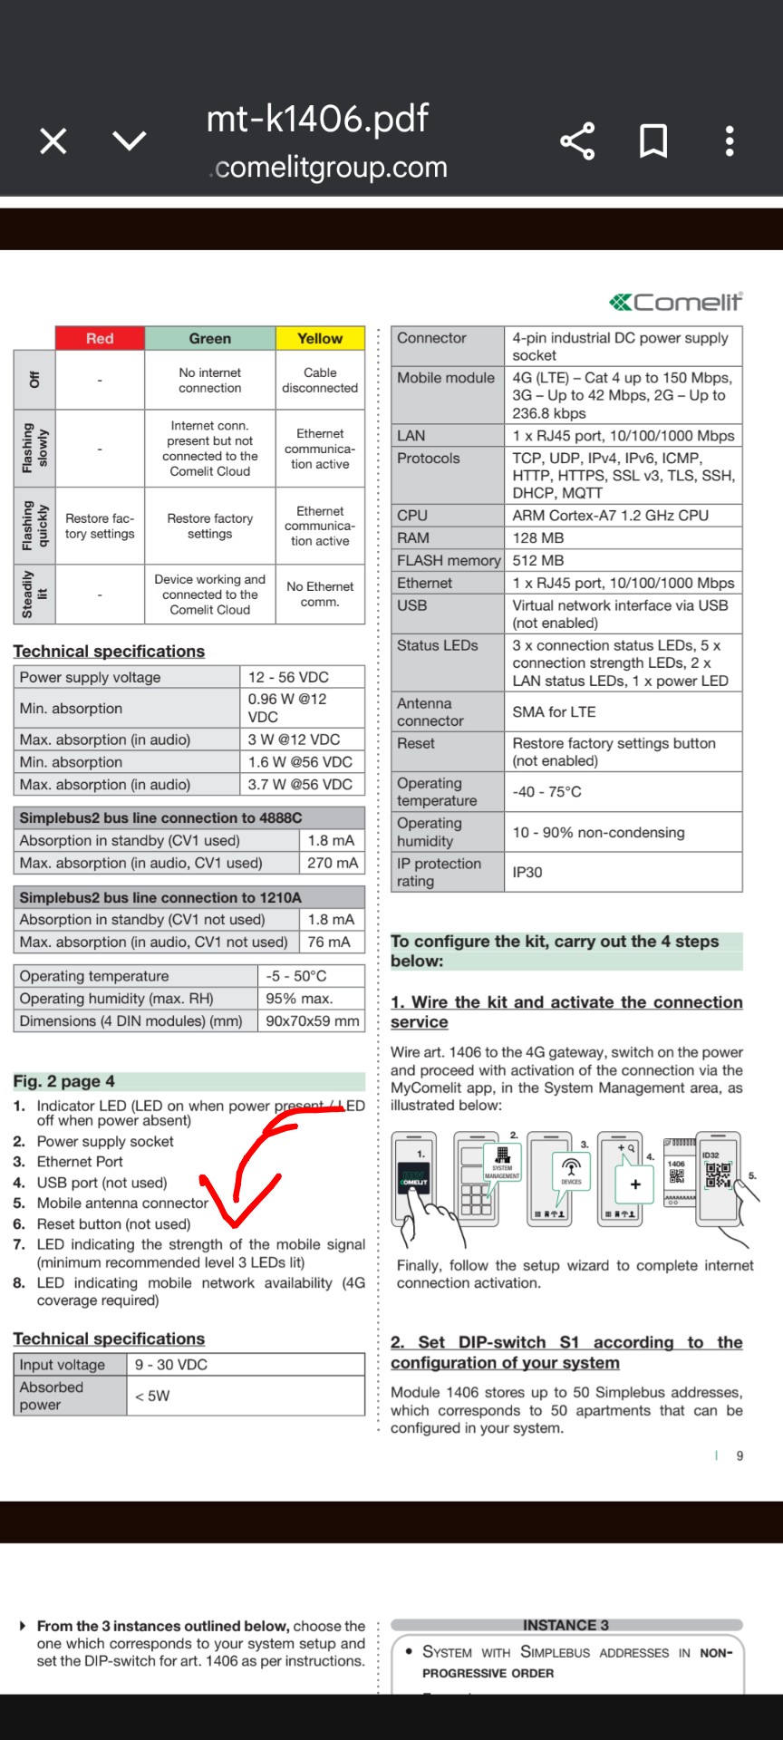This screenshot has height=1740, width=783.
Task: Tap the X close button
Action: coord(53,141)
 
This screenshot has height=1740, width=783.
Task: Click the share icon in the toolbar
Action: coord(577,141)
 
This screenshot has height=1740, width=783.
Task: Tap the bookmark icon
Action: coord(653,141)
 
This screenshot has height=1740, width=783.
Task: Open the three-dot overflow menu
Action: coord(730,141)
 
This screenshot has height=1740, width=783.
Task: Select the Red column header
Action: coord(100,338)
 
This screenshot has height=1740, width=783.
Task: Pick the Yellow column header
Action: coord(320,338)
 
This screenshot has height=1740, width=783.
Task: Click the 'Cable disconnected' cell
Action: coord(320,380)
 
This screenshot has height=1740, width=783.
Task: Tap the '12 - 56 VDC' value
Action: coord(288,677)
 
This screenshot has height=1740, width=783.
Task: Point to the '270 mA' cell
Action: coord(332,863)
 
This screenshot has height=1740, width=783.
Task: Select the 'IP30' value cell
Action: coord(527,872)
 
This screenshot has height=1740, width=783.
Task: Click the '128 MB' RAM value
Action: coord(538,537)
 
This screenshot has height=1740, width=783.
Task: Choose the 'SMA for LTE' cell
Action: coord(554,712)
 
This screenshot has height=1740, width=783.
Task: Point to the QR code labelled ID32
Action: coord(717,1174)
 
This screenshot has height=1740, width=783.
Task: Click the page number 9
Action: coord(739,1455)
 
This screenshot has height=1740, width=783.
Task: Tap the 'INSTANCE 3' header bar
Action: coord(565,1625)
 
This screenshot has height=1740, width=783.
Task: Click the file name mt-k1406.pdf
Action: coord(317,119)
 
